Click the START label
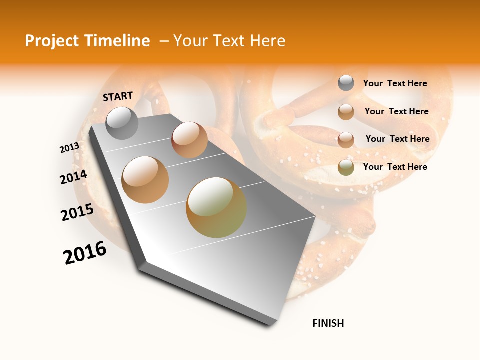coord(118,96)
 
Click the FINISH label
coord(328,323)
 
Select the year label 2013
coord(69,148)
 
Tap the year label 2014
coord(73,177)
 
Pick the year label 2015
coord(77,212)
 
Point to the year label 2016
coord(85,253)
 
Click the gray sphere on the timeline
coord(122,123)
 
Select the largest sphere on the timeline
coord(216,207)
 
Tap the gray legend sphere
coord(346,83)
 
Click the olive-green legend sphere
coord(346,167)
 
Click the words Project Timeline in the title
coord(87,41)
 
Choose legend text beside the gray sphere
coord(395,83)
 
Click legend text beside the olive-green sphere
coord(395,167)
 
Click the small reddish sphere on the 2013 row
coord(189,140)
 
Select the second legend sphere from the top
coord(346,112)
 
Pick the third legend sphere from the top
coord(346,140)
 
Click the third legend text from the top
coord(397,139)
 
